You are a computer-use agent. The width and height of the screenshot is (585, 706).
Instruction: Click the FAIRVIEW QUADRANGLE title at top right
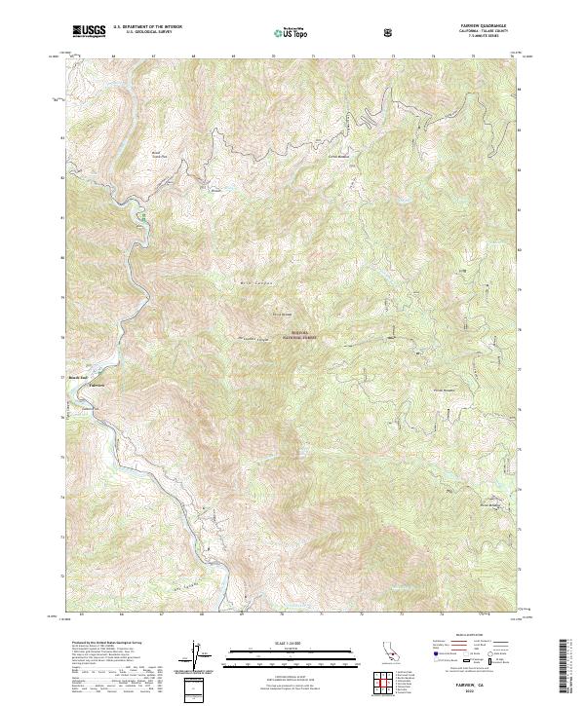[492, 26]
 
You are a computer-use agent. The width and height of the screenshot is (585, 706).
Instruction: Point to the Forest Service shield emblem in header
[390, 32]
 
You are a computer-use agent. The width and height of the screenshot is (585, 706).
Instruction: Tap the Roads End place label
[78, 377]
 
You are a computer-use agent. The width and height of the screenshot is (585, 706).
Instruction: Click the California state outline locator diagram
[390, 650]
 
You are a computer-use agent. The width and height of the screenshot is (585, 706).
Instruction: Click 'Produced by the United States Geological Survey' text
[97, 644]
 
